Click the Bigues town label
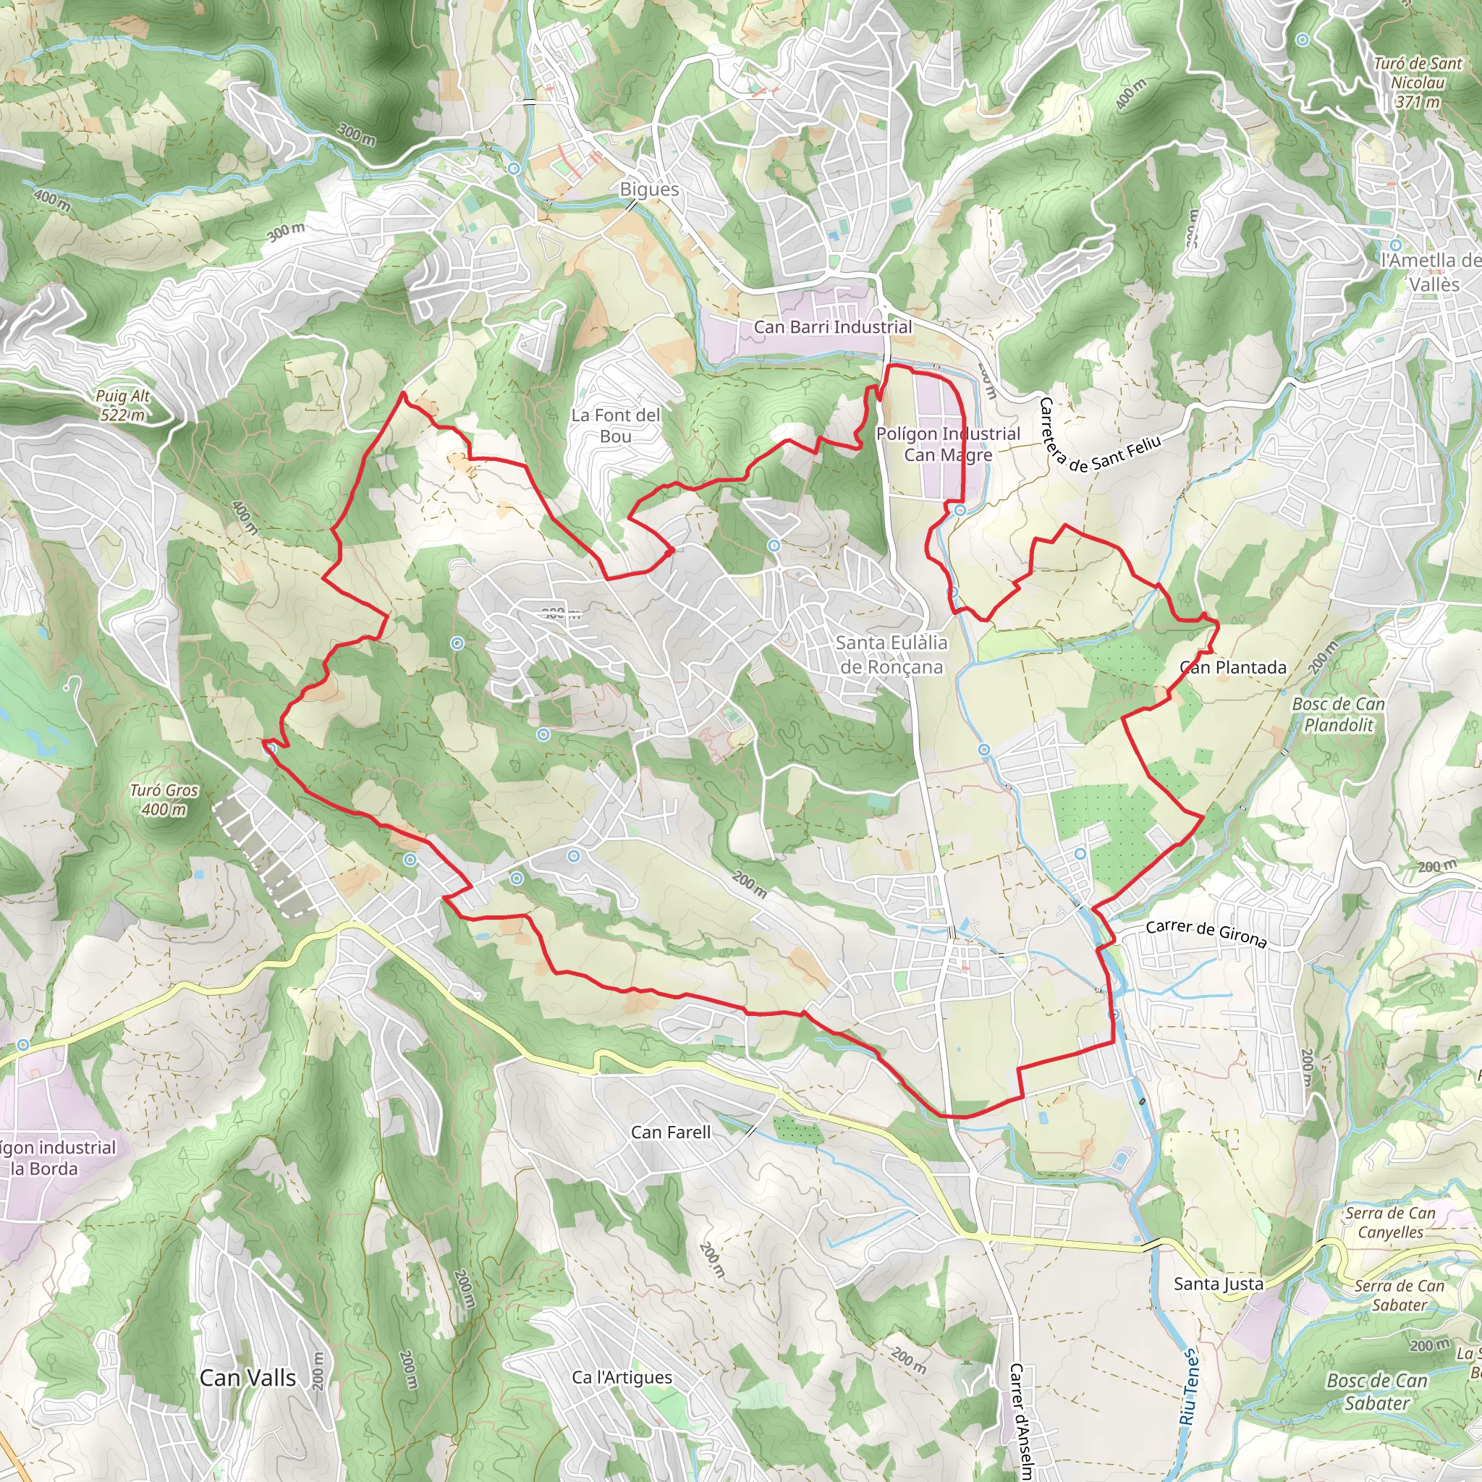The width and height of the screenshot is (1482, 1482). tap(649, 190)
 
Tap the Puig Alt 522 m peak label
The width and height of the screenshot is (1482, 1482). tap(123, 405)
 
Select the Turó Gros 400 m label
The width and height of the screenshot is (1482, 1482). tap(164, 800)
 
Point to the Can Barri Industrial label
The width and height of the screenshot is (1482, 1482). tap(832, 327)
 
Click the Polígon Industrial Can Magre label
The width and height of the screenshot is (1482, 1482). tap(947, 444)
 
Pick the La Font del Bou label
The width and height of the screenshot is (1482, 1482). tap(615, 425)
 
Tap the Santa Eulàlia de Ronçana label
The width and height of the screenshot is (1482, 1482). tap(891, 654)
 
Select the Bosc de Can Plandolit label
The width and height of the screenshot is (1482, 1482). tap(1339, 714)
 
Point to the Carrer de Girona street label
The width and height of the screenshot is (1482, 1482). tap(1205, 933)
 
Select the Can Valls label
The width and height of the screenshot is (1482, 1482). tap(247, 1378)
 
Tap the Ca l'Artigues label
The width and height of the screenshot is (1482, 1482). tap(622, 1378)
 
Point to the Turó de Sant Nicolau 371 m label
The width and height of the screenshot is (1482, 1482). tap(1418, 82)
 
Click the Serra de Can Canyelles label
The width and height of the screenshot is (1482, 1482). tap(1390, 1223)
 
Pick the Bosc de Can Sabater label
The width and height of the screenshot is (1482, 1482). tap(1377, 1392)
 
